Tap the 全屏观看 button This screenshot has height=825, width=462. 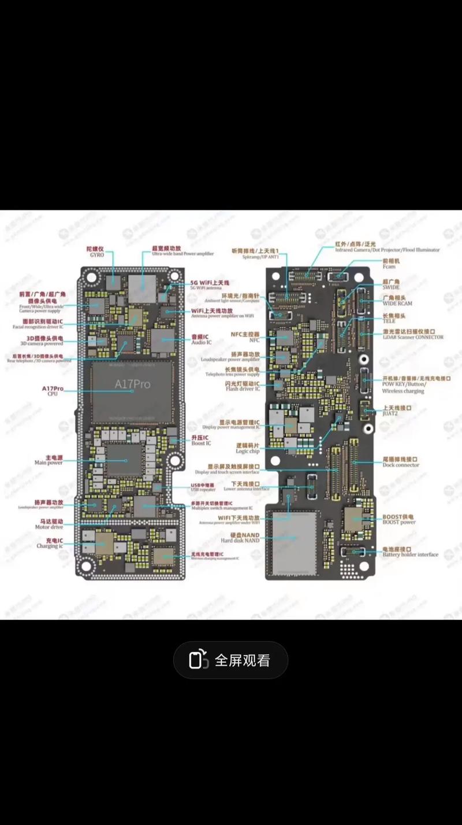coord(230,660)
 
